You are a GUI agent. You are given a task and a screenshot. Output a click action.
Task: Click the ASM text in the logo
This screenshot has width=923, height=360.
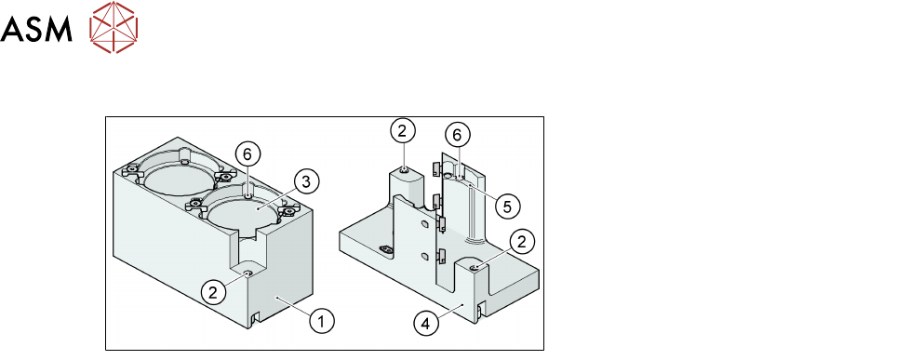[x=36, y=28]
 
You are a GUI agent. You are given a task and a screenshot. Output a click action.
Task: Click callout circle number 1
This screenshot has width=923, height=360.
[x=322, y=321]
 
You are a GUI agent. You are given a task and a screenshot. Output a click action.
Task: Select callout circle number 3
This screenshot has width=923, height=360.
[x=305, y=181]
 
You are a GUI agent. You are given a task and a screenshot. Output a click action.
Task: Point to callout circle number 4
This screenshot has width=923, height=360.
[x=426, y=323]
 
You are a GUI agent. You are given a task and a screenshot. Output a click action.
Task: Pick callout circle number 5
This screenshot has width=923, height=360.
[x=507, y=205]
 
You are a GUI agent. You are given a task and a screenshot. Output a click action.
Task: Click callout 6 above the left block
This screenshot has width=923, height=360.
[x=247, y=154]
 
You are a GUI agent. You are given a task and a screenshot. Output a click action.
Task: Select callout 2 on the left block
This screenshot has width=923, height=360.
[x=213, y=292]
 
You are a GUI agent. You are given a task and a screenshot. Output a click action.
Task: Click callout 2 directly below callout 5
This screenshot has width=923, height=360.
[x=525, y=241]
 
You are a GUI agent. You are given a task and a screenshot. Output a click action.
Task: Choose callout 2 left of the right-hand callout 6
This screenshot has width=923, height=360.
[x=402, y=131]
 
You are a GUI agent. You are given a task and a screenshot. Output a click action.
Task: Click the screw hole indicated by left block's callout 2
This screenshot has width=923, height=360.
[x=247, y=273]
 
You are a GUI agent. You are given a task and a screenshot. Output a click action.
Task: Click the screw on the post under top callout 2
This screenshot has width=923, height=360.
[x=405, y=170]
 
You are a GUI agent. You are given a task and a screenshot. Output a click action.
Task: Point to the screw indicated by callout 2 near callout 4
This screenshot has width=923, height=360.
[x=475, y=268]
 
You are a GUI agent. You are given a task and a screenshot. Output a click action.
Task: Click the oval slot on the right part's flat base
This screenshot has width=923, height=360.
[x=387, y=250]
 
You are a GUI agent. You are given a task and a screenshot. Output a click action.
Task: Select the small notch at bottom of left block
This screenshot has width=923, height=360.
[x=254, y=318]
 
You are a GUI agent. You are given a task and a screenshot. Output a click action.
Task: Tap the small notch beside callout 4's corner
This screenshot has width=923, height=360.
[x=480, y=309]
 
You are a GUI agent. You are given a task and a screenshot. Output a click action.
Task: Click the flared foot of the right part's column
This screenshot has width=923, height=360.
[x=475, y=239]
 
